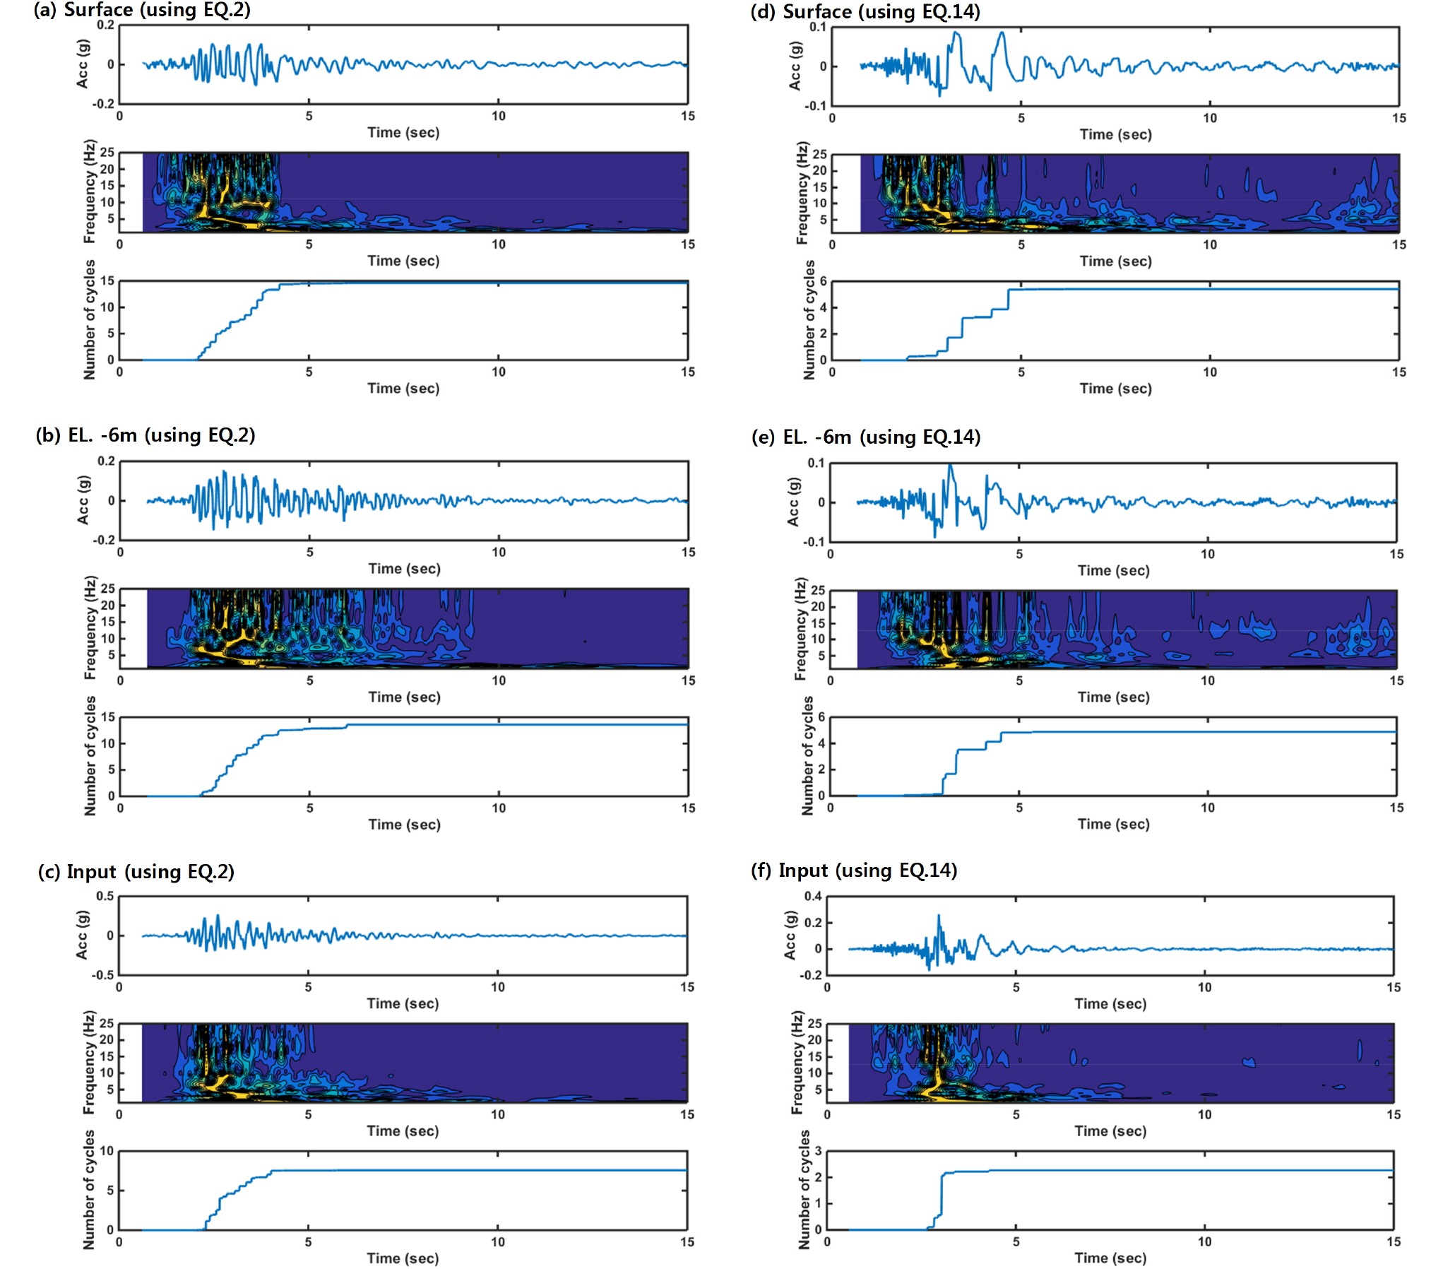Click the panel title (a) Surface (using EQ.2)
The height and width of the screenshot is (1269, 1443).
(x=142, y=10)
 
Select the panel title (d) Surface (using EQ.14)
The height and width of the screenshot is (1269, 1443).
(x=865, y=12)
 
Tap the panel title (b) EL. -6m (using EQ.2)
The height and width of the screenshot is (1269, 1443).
(x=146, y=435)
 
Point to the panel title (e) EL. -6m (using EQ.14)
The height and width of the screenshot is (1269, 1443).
(x=865, y=437)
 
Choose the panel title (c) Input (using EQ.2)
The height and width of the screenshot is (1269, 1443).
(x=136, y=872)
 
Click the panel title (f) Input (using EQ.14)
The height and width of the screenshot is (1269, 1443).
(x=854, y=870)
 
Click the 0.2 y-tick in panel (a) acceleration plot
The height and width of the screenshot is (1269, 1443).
(x=105, y=25)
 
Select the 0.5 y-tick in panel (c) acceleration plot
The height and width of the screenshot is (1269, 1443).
(x=105, y=896)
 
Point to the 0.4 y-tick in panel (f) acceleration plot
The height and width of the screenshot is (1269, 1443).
(x=813, y=896)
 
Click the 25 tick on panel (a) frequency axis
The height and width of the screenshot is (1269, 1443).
(x=107, y=152)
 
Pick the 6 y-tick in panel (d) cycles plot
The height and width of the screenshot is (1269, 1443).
(x=823, y=281)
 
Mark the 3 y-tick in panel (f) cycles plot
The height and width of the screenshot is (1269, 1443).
(x=818, y=1151)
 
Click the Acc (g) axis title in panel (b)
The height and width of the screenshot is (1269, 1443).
(x=83, y=500)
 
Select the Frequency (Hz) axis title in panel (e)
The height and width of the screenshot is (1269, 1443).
(x=800, y=629)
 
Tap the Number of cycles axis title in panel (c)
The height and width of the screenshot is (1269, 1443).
(x=88, y=1190)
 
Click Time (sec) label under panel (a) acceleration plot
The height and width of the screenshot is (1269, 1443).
(x=403, y=133)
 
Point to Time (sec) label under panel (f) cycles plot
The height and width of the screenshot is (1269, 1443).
(x=1110, y=1258)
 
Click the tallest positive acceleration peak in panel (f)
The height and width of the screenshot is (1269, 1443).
(x=939, y=915)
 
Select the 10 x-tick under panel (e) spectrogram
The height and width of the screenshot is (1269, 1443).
(x=1208, y=680)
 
